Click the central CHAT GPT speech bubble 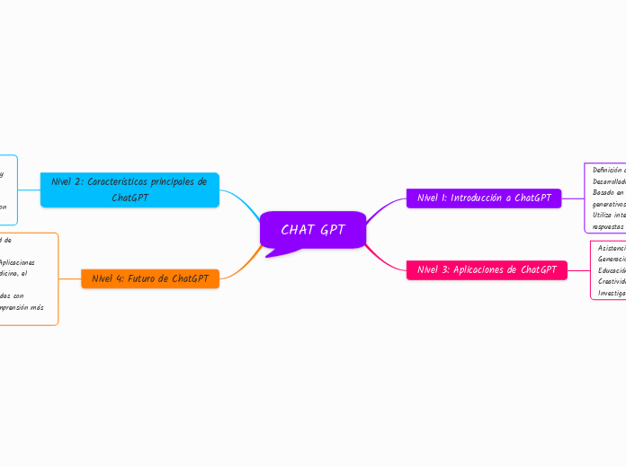coord(313,230)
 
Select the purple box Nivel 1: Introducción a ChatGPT coord(484,198)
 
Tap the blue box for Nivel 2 coord(130,189)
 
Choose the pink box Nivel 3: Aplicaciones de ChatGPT coord(487,269)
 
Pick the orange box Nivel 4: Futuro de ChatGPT coord(150,278)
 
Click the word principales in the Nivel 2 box coord(180,181)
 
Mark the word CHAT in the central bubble coord(297,230)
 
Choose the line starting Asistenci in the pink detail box coord(612,248)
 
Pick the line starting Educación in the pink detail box coord(612,269)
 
